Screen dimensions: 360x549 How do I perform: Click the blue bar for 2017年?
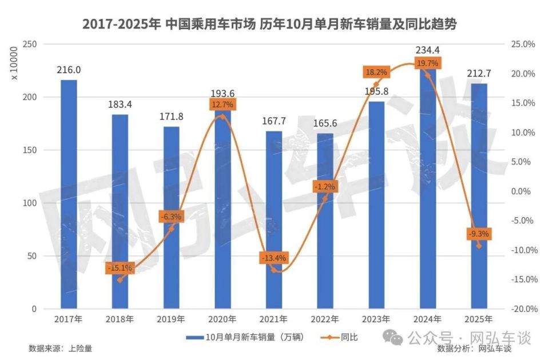point(69,194)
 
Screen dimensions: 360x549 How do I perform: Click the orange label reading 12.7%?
point(222,105)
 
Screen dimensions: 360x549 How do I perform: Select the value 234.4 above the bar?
point(428,50)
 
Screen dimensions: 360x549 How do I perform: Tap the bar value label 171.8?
point(171,117)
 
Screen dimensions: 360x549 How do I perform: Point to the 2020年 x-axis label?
point(222,319)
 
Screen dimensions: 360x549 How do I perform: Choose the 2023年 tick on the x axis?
point(376,319)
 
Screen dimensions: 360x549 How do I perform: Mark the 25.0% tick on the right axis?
point(522,45)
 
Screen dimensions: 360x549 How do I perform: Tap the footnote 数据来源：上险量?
point(60,348)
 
